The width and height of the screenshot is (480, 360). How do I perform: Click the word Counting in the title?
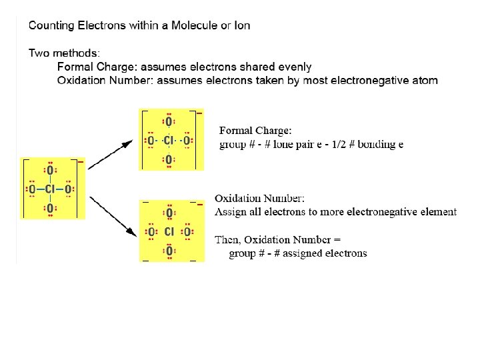[x=50, y=26]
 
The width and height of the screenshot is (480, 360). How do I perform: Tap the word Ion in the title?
[x=242, y=26]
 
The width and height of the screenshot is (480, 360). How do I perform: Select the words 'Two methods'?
[x=63, y=52]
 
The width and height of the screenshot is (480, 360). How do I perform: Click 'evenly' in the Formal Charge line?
[x=295, y=67]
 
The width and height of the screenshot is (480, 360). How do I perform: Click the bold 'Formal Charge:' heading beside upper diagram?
[x=255, y=131]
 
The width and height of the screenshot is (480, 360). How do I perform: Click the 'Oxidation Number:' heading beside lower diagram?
[x=259, y=199]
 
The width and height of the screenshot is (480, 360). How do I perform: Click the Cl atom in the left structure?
[x=50, y=190]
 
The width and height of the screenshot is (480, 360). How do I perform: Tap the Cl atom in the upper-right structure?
[x=169, y=141]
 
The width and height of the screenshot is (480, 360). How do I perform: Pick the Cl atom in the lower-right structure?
[x=169, y=232]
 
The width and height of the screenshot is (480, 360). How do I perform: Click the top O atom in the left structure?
[x=50, y=171]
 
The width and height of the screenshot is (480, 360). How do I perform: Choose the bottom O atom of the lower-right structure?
[x=169, y=251]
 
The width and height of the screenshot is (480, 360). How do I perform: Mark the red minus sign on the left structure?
[x=81, y=161]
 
